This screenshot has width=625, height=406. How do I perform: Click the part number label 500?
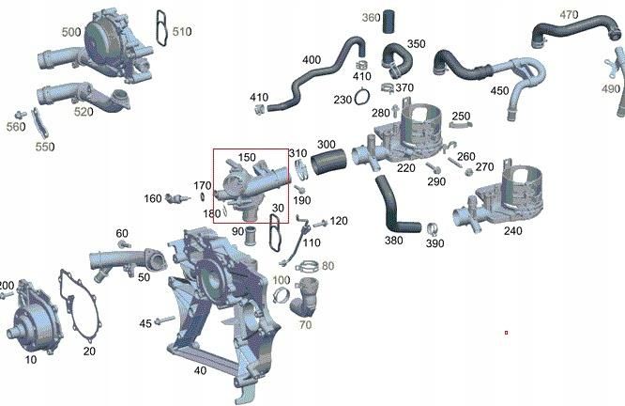[x=71, y=32]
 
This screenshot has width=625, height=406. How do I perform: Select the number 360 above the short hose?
[x=371, y=18]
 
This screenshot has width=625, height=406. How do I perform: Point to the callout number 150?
[x=247, y=157]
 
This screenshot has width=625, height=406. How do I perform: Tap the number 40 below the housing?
[x=200, y=370]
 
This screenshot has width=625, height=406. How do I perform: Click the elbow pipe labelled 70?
[x=305, y=305]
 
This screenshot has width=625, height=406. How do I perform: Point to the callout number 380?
[x=394, y=240]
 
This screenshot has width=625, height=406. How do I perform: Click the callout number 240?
[x=513, y=230]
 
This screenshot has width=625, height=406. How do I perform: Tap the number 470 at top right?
[x=569, y=15]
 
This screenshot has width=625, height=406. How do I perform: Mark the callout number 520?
[x=84, y=113]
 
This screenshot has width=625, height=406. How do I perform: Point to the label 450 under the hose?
[x=499, y=90]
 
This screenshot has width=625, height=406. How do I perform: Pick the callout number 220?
[x=405, y=168]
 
